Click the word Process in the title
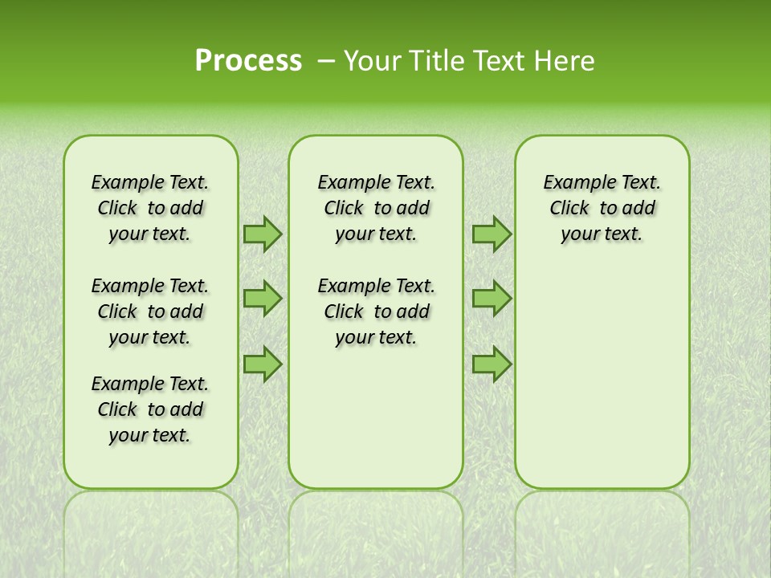(x=248, y=61)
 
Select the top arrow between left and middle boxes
(x=262, y=234)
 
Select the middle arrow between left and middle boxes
(x=262, y=299)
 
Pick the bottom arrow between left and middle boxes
(x=262, y=364)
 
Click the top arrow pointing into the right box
(x=492, y=234)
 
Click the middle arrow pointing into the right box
(x=492, y=299)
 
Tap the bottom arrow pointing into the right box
(x=492, y=364)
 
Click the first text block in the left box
(x=150, y=208)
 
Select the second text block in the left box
(x=150, y=311)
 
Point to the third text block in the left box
(x=150, y=409)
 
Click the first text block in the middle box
(x=376, y=208)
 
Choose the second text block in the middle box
(x=376, y=311)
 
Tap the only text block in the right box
(x=602, y=208)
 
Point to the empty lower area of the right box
(x=602, y=377)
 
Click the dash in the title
(x=327, y=61)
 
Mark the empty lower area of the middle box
(x=376, y=417)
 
